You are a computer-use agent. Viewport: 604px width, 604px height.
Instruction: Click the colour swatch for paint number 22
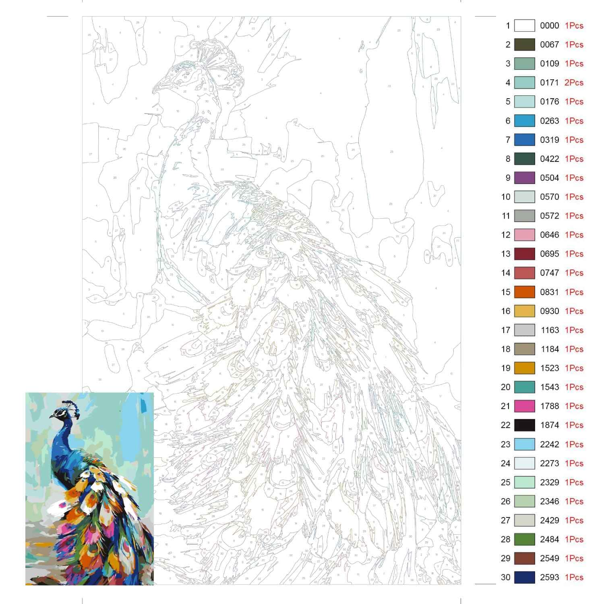(x=524, y=425)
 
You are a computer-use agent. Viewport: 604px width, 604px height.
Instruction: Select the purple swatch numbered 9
(x=524, y=178)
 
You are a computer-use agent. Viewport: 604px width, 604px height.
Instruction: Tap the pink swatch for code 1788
(x=524, y=406)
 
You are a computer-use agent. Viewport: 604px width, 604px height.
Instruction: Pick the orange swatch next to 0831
(x=524, y=292)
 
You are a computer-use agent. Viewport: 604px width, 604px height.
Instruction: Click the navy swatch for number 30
(x=524, y=577)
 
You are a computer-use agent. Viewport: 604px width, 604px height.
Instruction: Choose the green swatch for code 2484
(x=524, y=539)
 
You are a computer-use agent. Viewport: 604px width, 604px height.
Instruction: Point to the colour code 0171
(x=549, y=83)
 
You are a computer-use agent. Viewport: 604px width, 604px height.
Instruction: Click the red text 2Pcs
(x=574, y=83)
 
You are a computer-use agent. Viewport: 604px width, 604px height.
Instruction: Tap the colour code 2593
(x=549, y=577)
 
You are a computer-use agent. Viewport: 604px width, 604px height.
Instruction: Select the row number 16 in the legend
(x=506, y=311)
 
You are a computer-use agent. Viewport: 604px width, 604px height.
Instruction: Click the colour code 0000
(x=549, y=26)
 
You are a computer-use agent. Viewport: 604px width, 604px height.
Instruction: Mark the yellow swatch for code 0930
(x=524, y=311)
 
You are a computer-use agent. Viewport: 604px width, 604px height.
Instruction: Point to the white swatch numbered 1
(x=524, y=26)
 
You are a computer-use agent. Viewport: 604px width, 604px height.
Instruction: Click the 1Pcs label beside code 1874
(x=574, y=425)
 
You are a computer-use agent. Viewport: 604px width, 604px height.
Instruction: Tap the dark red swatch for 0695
(x=524, y=254)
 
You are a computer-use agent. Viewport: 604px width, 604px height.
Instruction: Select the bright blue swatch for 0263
(x=524, y=121)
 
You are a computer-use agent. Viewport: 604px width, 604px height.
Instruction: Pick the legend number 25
(x=506, y=482)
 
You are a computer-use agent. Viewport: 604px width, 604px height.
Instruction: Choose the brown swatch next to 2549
(x=524, y=558)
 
